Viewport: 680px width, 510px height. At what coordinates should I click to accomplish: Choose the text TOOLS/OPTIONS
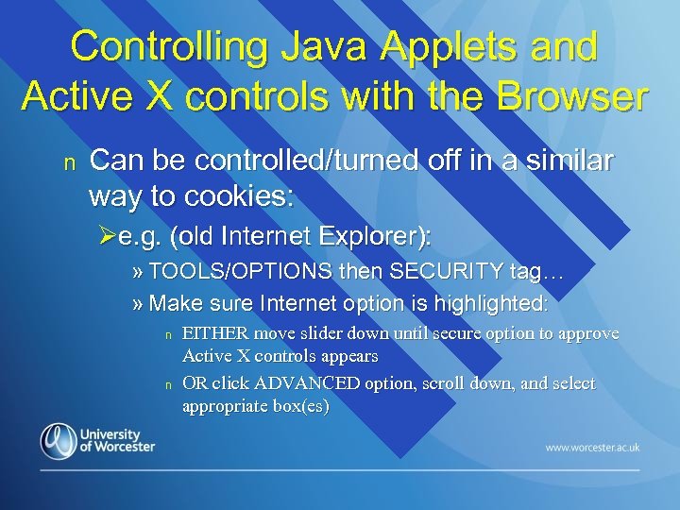pyautogui.click(x=240, y=273)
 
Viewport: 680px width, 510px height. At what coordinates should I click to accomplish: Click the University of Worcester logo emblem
pyautogui.click(x=58, y=440)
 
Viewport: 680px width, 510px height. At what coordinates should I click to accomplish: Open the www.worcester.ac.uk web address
pyautogui.click(x=591, y=447)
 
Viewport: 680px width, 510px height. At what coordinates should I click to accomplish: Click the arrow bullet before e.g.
pyautogui.click(x=107, y=233)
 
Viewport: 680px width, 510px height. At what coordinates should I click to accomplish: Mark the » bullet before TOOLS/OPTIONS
pyautogui.click(x=138, y=273)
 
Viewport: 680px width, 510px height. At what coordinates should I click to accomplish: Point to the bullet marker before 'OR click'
pyautogui.click(x=166, y=384)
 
